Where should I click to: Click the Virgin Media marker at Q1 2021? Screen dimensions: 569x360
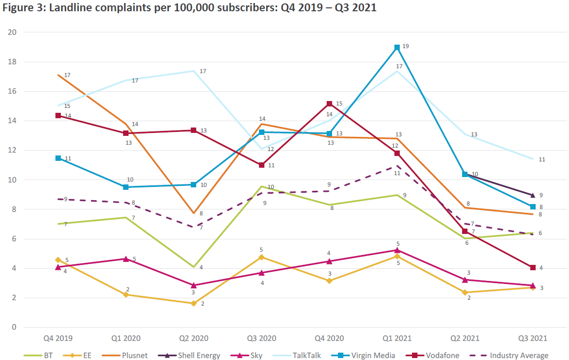coord(397,48)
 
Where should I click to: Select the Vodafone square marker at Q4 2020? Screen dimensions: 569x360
coord(329,104)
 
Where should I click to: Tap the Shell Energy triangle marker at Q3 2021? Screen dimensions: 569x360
coord(532,195)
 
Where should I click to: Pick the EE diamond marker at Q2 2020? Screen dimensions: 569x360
coord(194,303)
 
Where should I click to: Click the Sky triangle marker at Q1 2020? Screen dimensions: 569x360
coord(126,258)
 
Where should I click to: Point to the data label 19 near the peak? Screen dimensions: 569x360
coord(406,46)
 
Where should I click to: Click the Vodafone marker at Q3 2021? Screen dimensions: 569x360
coord(532,267)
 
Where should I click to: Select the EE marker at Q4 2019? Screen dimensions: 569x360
coord(58,260)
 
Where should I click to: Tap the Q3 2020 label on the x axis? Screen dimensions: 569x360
coord(261,338)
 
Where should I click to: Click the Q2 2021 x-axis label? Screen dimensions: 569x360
coord(464,338)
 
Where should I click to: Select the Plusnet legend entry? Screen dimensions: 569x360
coord(135,355)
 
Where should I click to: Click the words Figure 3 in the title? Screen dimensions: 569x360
coord(20,8)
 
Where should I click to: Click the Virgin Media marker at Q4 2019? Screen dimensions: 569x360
coord(58,158)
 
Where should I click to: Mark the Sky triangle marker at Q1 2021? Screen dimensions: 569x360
coord(397,250)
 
